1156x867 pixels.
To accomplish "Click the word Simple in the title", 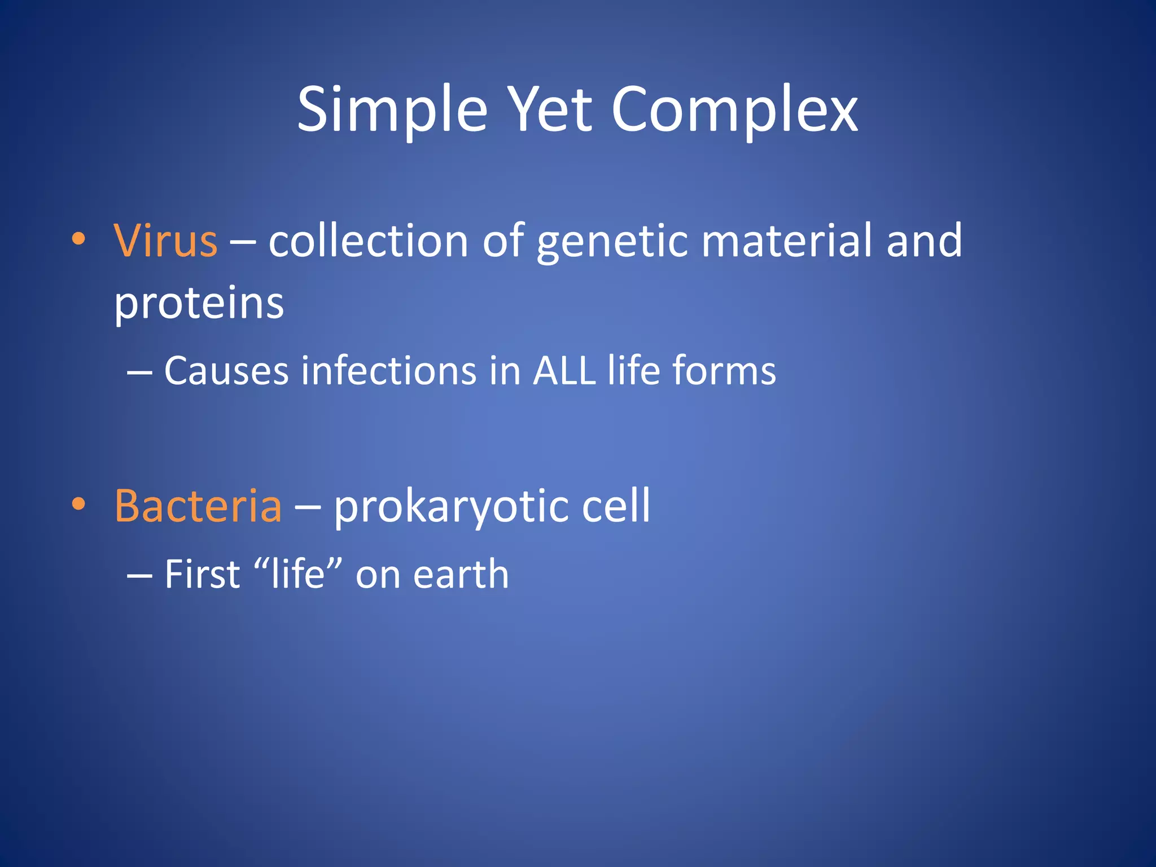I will (392, 110).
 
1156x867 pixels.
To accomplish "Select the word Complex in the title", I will (734, 110).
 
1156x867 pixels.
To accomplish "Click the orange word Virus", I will (165, 241).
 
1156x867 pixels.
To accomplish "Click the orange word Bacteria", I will (198, 506).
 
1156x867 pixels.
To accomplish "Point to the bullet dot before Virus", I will (78, 239).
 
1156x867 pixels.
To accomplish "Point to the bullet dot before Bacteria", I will (78, 504).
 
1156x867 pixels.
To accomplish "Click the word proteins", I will (199, 305).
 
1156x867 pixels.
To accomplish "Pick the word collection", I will (368, 241).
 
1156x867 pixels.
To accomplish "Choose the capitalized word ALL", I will (564, 371).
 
